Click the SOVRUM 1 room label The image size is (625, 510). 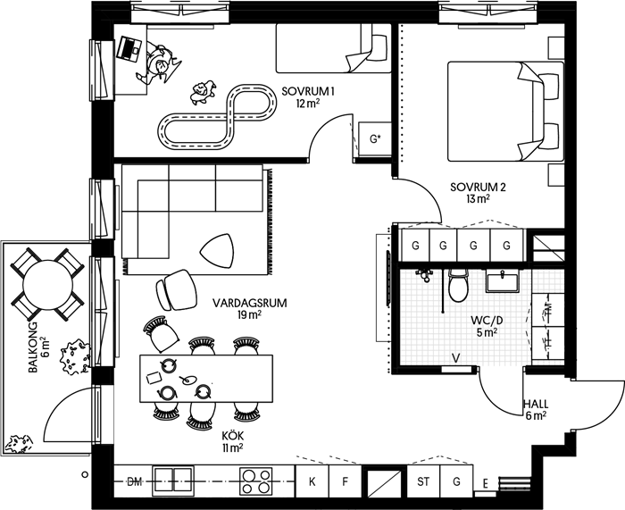click(x=308, y=91)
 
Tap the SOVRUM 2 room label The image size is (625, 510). click(x=478, y=187)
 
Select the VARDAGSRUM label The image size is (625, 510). click(x=249, y=303)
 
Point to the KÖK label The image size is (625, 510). click(x=233, y=436)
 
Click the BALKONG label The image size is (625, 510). click(x=33, y=347)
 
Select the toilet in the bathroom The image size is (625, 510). click(x=458, y=285)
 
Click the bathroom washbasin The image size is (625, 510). click(x=502, y=280)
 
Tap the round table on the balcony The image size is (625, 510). click(x=48, y=284)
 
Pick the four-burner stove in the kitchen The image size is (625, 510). click(x=256, y=481)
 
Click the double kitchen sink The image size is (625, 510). click(x=173, y=481)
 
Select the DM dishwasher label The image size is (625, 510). click(x=135, y=482)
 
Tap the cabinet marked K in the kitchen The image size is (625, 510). click(x=312, y=481)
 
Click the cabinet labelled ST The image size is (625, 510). click(x=423, y=481)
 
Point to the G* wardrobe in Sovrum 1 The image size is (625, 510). click(x=375, y=138)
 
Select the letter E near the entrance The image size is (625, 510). click(x=485, y=484)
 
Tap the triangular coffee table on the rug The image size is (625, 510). click(x=216, y=250)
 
